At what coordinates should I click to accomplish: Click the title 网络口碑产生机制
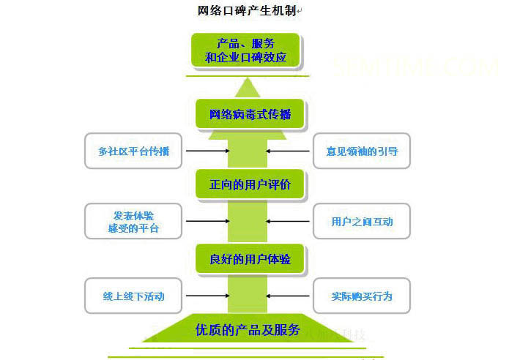point(248,10)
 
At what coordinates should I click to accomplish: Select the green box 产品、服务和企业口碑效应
point(245,49)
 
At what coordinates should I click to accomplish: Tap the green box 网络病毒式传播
point(250,115)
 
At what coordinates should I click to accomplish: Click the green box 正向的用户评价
point(250,184)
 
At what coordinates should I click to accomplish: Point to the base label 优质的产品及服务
point(248,330)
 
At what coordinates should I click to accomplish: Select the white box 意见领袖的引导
point(362,151)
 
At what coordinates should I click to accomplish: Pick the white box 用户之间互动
point(362,221)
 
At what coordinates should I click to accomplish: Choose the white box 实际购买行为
point(362,296)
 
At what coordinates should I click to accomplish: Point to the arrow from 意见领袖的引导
point(289,151)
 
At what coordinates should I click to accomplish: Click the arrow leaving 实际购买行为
point(289,296)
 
